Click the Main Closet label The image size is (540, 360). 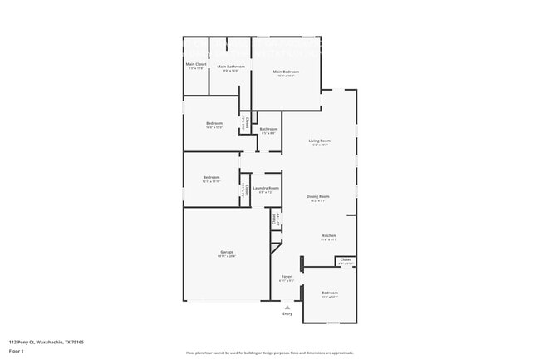click(195, 64)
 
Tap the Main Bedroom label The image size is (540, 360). click(286, 72)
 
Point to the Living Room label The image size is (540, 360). click(320, 141)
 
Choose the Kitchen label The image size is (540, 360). click(329, 235)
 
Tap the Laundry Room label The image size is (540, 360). click(266, 188)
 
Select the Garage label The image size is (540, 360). click(226, 252)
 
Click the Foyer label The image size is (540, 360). click(286, 276)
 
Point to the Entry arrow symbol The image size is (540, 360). click(287, 307)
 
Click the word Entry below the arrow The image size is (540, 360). click(287, 314)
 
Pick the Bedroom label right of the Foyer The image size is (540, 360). click(330, 293)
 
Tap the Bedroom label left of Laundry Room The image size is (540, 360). click(212, 177)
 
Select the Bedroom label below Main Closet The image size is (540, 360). click(214, 124)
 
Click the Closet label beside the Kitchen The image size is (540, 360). click(346, 260)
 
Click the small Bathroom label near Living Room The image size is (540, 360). click(268, 129)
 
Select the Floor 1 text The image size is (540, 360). click(16, 352)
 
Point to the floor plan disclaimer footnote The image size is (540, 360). click(270, 353)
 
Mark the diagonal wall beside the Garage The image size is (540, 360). click(276, 245)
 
